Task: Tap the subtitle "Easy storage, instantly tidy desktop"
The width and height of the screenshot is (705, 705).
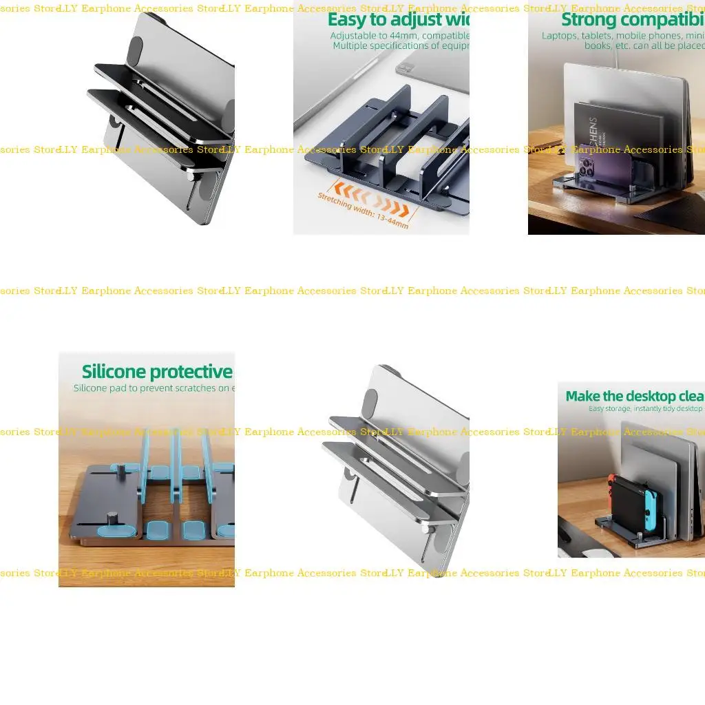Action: [x=646, y=409]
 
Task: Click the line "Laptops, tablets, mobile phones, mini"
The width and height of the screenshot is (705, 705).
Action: [x=622, y=35]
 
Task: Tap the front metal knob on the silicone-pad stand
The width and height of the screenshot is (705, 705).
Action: [x=112, y=518]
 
